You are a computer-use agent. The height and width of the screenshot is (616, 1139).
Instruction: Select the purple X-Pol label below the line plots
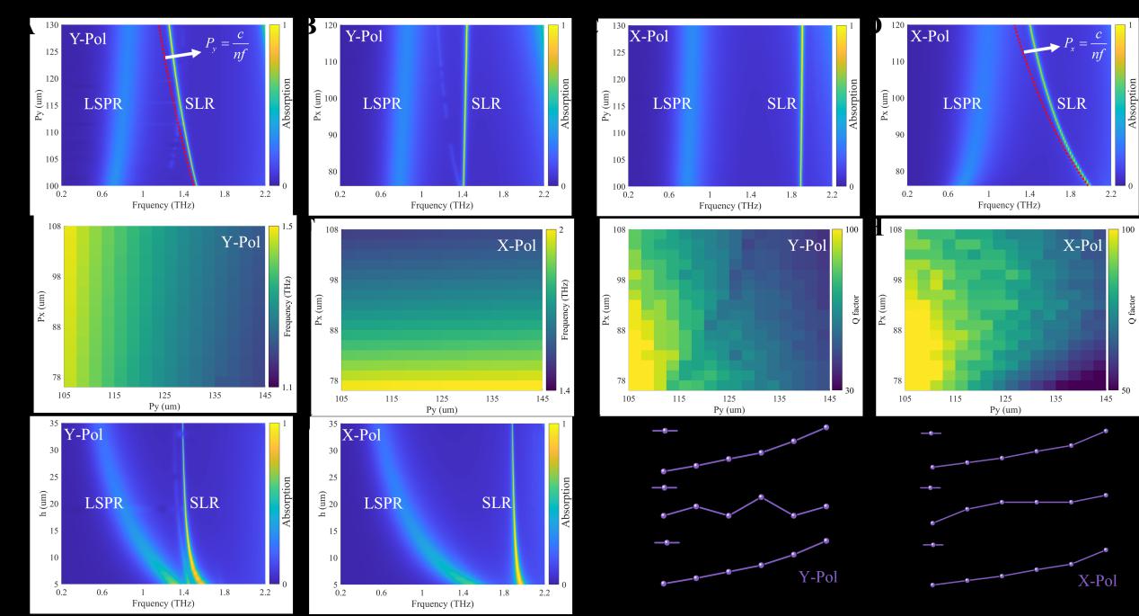[x=1098, y=580]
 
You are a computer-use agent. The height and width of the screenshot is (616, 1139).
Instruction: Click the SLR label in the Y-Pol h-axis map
[x=204, y=503]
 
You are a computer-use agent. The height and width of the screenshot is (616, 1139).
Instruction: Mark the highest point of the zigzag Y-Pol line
[x=761, y=496]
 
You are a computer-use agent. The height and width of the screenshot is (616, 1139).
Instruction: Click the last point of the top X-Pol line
[x=1106, y=431]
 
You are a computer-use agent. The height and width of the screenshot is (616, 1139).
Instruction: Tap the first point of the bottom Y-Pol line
[x=664, y=584]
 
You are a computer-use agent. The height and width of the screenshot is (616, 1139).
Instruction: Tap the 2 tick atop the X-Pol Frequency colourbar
[x=559, y=229]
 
